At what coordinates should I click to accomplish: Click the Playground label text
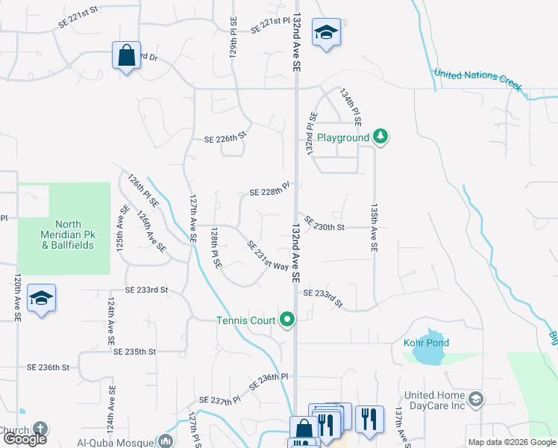tap(343, 137)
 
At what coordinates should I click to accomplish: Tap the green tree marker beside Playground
tap(381, 136)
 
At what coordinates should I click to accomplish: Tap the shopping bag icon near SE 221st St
tap(127, 55)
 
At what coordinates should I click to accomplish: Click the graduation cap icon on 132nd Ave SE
tap(326, 32)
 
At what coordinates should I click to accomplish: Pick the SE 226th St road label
tap(225, 138)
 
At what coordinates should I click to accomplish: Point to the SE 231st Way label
tap(266, 256)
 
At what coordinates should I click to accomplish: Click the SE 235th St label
tap(135, 351)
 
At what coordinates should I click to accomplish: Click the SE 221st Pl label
tap(269, 25)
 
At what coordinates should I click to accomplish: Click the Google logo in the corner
tap(25, 439)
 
